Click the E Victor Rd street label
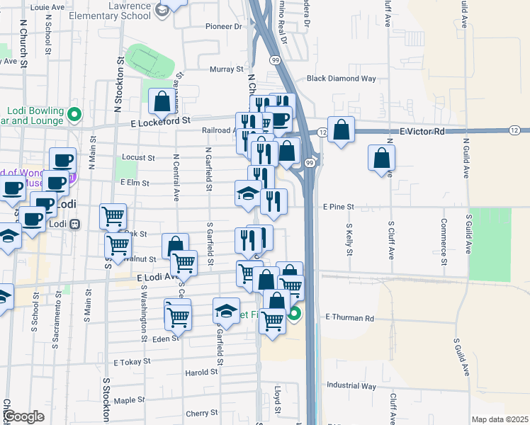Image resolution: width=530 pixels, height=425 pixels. (x=422, y=132)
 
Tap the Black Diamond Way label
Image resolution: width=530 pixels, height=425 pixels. (x=341, y=79)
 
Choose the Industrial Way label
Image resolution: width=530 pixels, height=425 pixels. (x=351, y=386)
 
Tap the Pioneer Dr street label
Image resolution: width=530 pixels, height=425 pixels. (x=223, y=26)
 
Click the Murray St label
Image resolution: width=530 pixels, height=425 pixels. (x=226, y=69)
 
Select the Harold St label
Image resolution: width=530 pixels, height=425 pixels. (x=201, y=372)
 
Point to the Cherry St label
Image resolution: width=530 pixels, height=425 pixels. (x=201, y=413)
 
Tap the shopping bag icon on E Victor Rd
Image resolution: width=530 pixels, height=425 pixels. (x=341, y=130)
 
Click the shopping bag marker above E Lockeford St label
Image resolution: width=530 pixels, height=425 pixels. (x=162, y=101)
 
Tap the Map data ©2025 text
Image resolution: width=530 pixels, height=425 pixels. (x=499, y=419)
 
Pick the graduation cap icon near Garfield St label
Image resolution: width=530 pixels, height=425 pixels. (x=226, y=310)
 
